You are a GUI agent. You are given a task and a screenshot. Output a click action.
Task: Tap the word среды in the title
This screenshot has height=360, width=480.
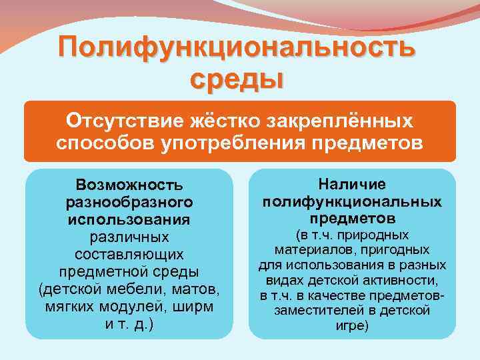tap(237, 78)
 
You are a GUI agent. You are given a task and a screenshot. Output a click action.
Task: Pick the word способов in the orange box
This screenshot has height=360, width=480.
tap(105, 143)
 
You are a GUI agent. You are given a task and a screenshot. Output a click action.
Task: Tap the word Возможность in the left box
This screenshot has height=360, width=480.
tap(129, 183)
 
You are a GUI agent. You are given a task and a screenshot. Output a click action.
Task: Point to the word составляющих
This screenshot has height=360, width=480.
tap(129, 254)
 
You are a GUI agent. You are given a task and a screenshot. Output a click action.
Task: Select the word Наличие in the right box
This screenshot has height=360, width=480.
tap(352, 183)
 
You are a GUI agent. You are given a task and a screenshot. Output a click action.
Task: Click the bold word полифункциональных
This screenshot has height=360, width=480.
tap(352, 201)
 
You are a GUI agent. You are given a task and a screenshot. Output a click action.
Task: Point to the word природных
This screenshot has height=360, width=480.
tap(390, 235)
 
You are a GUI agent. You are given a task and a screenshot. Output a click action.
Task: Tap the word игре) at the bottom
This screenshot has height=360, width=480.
tap(352, 326)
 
